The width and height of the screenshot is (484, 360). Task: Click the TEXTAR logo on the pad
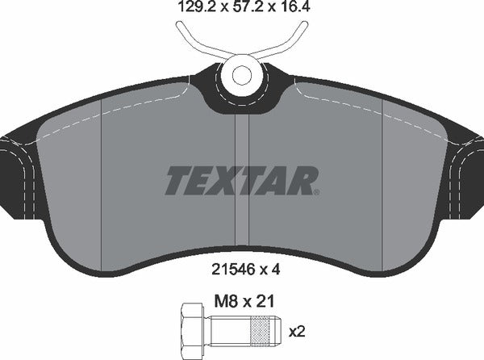click(x=242, y=180)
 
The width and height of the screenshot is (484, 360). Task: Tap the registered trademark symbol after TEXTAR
click(x=318, y=190)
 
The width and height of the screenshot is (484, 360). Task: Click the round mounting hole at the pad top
click(x=243, y=75)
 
